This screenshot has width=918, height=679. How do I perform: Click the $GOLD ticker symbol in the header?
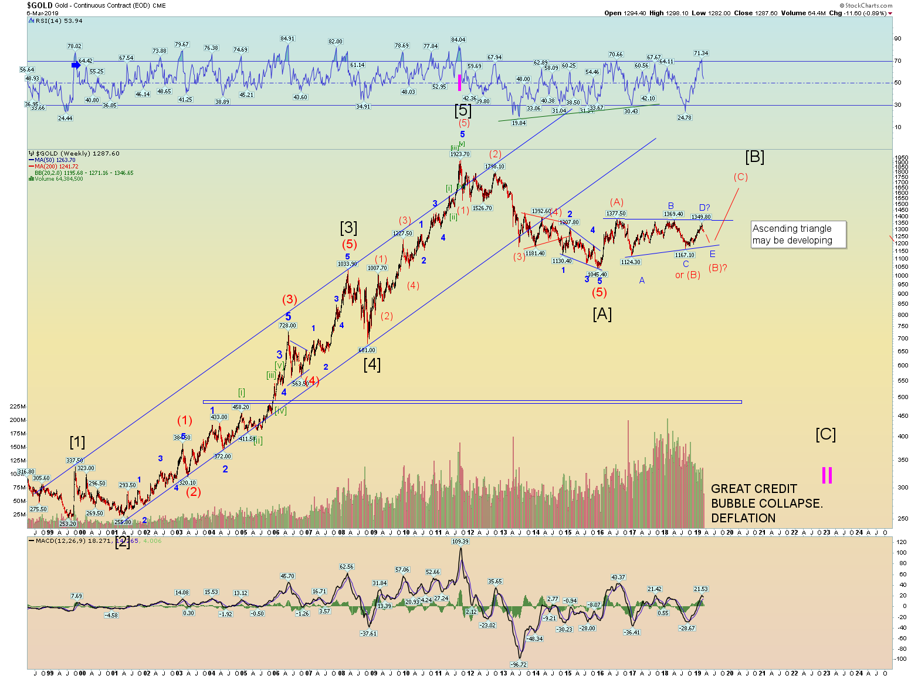pyautogui.click(x=39, y=5)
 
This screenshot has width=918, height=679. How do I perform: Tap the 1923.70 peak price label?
pyautogui.click(x=460, y=154)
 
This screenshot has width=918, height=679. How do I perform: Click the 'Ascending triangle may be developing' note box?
pyautogui.click(x=798, y=234)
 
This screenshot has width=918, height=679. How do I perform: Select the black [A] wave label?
pyautogui.click(x=602, y=314)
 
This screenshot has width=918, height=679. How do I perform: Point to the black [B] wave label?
pyautogui.click(x=754, y=157)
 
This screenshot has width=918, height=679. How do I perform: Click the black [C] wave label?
pyautogui.click(x=825, y=434)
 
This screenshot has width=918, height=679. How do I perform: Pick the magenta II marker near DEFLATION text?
pyautogui.click(x=826, y=475)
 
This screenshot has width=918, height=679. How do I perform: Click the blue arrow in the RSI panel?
pyautogui.click(x=76, y=65)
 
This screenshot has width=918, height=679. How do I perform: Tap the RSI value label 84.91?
pyautogui.click(x=287, y=39)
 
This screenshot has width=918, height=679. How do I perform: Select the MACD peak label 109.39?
pyautogui.click(x=460, y=542)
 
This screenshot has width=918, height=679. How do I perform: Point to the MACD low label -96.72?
pyautogui.click(x=519, y=664)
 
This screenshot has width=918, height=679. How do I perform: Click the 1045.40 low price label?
pyautogui.click(x=597, y=274)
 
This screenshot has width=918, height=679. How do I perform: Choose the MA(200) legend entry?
pyautogui.click(x=56, y=167)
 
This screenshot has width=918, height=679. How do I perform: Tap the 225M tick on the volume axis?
pyautogui.click(x=18, y=406)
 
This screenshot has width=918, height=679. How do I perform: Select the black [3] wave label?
pyautogui.click(x=348, y=227)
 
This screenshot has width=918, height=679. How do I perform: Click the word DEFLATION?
pyautogui.click(x=743, y=518)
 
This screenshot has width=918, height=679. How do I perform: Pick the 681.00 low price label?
pyautogui.click(x=367, y=350)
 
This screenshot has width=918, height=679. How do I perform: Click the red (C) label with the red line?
pyautogui.click(x=740, y=177)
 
